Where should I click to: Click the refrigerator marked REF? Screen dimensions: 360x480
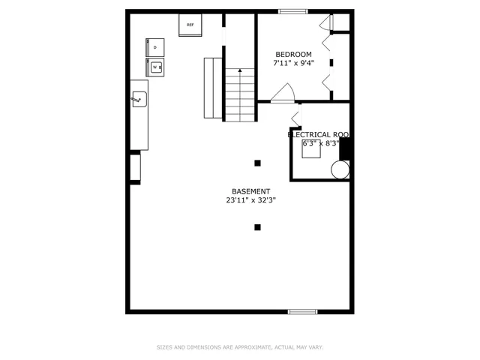pos(190,25)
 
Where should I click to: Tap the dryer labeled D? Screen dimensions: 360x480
pos(155,47)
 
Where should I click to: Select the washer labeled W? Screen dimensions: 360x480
pos(156,67)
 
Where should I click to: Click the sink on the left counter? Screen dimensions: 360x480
pos(139,98)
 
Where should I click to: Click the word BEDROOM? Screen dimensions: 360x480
pos(293,54)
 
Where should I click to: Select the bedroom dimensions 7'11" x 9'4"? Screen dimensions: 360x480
pos(293,64)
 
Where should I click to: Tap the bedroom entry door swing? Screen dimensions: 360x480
pos(283,93)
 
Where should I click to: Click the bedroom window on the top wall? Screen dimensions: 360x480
pos(289,11)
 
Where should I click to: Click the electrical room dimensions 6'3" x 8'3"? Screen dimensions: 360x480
pos(320,143)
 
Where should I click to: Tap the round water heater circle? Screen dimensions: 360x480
pos(340,169)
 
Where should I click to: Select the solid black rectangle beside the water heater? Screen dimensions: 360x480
pos(345,148)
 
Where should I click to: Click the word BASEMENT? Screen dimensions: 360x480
pos(250,191)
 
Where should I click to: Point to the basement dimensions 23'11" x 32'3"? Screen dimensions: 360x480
pos(250,200)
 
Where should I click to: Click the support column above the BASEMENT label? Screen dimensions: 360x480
pos(257,163)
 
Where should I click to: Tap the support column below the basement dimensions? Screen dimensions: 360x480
pos(257,226)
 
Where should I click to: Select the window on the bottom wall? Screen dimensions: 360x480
pos(303,311)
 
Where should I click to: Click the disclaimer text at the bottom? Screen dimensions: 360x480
pos(239,347)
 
